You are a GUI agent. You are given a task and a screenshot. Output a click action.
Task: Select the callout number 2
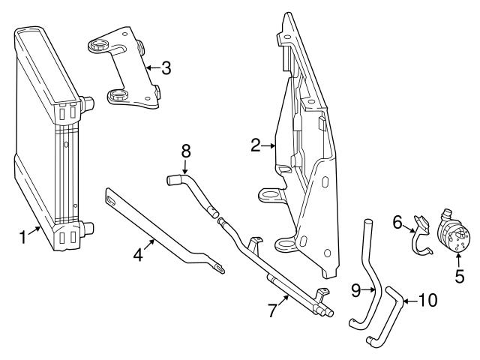coord(256,145)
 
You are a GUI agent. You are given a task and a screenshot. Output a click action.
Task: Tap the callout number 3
coord(166,68)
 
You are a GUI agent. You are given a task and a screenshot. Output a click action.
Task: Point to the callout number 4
coord(138,255)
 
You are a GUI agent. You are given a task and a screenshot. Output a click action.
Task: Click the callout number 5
coord(459,275)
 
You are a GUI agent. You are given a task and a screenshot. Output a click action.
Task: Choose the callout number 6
coord(398,221)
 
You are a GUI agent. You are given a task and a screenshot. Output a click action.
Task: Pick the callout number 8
coord(185,150)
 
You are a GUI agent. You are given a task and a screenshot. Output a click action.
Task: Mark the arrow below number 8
coord(185,166)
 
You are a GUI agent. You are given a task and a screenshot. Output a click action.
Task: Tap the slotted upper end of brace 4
coord(111,199)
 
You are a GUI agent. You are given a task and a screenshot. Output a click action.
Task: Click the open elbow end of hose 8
coord(170,179)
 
